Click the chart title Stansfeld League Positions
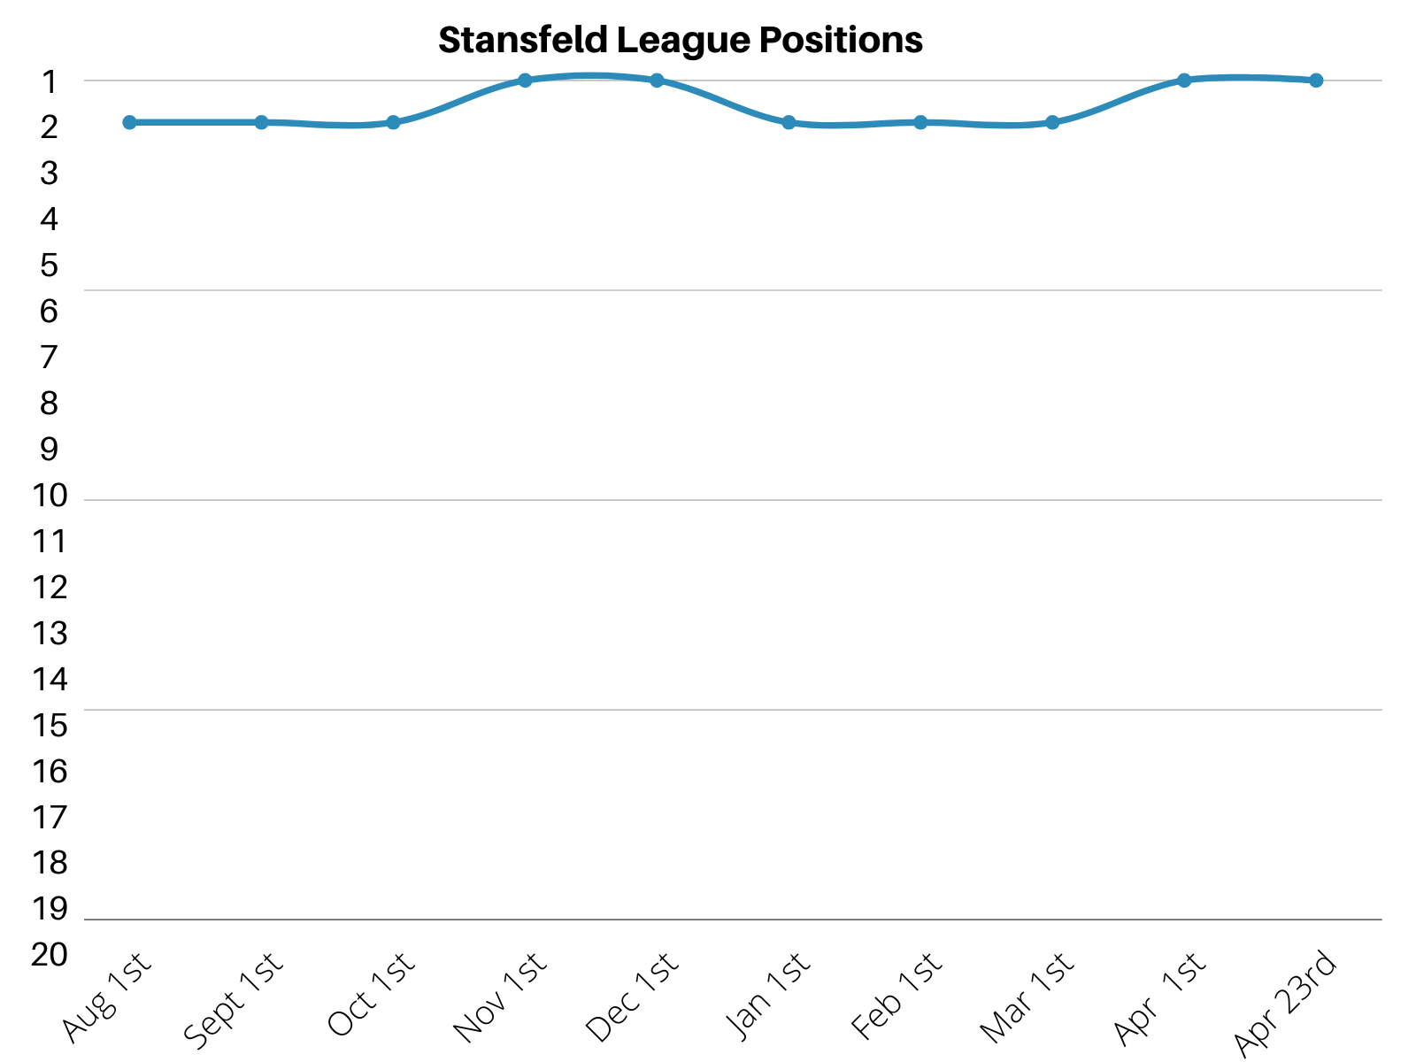(680, 41)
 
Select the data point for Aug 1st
(129, 122)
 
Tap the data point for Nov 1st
(525, 81)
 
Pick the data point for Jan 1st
(789, 122)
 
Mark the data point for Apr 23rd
(1316, 81)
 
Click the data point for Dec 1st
(657, 81)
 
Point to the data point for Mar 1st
(1052, 122)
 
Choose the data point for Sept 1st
(261, 122)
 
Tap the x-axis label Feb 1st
(897, 996)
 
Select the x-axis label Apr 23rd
(1285, 1004)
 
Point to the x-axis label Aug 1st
(108, 996)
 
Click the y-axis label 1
(50, 81)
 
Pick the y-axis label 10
(50, 496)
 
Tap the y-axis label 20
(50, 955)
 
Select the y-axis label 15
(50, 726)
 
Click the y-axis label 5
(50, 265)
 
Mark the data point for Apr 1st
(1184, 81)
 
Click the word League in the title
(681, 41)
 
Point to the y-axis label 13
(50, 634)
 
